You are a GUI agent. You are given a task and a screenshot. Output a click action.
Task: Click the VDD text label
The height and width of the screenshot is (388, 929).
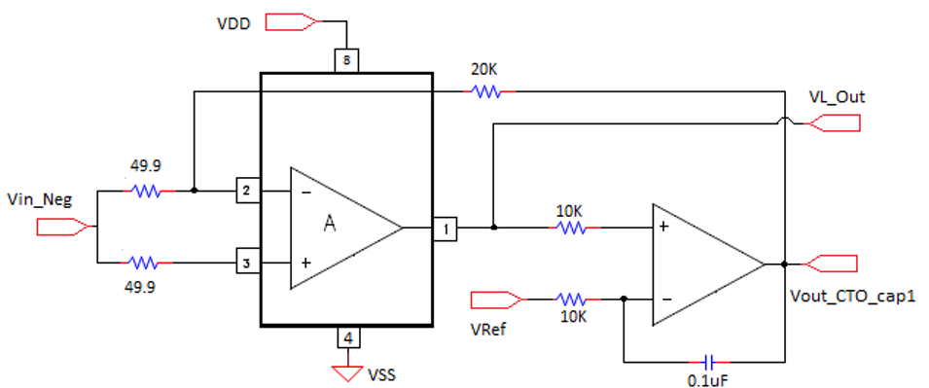pos(233,21)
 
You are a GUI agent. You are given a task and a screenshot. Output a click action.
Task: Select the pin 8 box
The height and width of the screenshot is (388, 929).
pos(346,60)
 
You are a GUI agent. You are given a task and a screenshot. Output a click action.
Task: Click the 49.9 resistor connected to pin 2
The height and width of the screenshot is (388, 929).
pos(146,192)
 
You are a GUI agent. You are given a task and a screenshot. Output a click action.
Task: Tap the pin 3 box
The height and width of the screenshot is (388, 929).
pos(247,263)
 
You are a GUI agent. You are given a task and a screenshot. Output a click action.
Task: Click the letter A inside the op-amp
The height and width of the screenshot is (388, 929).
pos(330,225)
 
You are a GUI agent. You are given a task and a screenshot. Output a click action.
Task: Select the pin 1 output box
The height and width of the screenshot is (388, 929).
pos(445,228)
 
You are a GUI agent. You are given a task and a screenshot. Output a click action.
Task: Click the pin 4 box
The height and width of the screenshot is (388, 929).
pos(348,338)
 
